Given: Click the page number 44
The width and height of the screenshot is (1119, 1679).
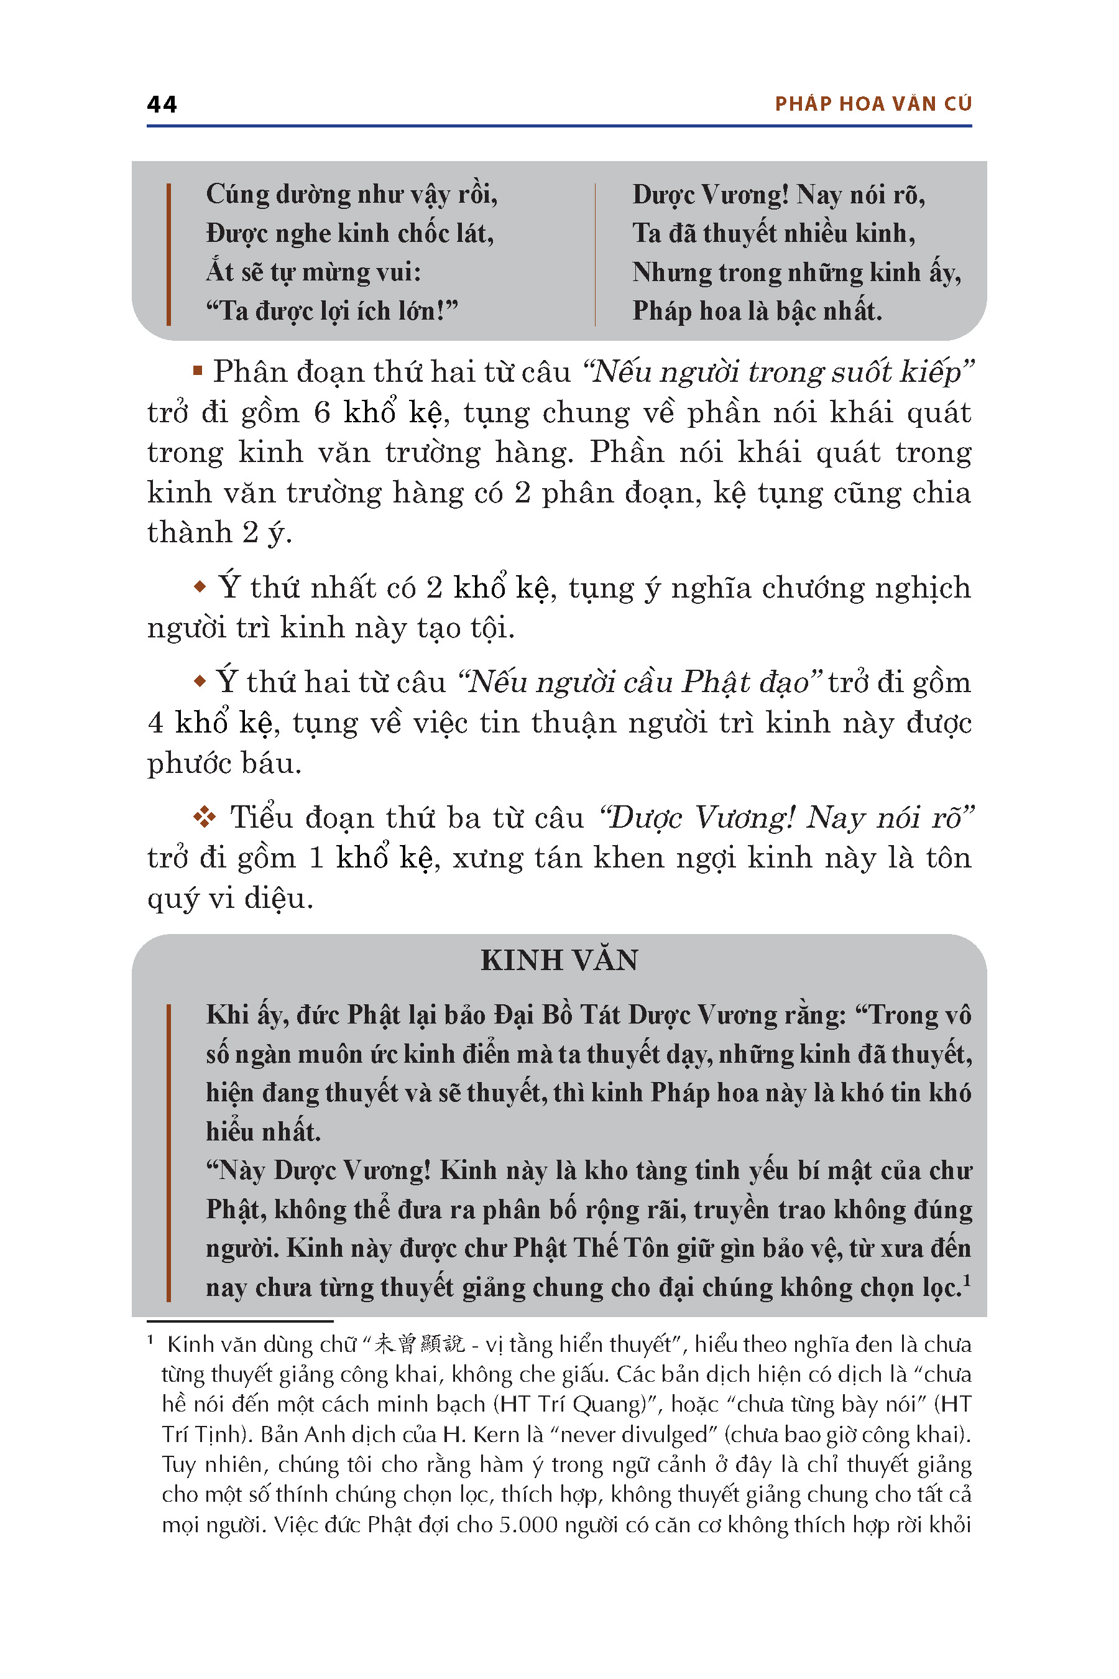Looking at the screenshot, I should [162, 104].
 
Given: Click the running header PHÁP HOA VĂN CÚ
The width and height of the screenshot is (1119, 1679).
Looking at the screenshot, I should [873, 104].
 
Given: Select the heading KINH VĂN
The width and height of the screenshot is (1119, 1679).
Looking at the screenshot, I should [559, 960].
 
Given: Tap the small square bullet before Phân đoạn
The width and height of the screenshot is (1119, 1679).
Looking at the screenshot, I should [198, 371].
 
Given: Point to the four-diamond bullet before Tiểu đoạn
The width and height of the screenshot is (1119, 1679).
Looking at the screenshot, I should [205, 816].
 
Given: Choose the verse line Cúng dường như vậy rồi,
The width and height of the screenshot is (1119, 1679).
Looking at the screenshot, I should [351, 194].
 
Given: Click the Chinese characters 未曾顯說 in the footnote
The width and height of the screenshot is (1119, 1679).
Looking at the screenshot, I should [420, 1344].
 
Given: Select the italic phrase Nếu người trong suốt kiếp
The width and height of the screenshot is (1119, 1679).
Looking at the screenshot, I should [778, 372].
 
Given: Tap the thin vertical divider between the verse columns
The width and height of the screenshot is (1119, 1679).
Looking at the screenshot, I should [594, 254].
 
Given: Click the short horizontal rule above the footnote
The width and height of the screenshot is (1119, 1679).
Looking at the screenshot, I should [240, 1321].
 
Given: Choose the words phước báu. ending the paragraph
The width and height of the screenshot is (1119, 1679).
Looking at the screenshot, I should [224, 763].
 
